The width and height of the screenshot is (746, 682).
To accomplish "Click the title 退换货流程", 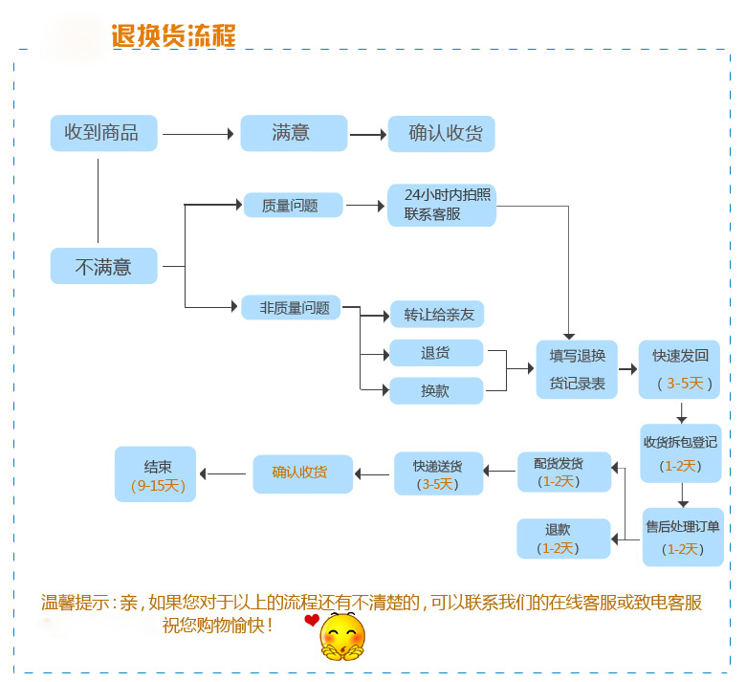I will [173, 35].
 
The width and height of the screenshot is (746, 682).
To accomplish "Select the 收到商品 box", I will [102, 133].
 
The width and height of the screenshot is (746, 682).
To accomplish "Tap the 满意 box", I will [293, 133].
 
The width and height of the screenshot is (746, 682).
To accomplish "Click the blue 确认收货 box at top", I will [441, 134].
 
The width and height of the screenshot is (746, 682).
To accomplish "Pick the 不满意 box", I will [103, 266].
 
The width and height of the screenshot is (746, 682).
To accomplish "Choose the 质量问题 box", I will [292, 205].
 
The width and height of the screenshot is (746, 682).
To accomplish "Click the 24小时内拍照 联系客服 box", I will [441, 205].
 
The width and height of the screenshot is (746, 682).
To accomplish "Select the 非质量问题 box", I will [292, 307].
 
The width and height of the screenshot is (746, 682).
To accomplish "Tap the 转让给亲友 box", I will [437, 314].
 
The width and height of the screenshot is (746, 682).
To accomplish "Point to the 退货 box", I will [436, 353].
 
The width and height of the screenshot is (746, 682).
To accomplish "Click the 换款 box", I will [436, 390].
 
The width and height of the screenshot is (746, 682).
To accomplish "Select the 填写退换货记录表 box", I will [577, 369].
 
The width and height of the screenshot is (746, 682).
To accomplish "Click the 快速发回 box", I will [680, 369].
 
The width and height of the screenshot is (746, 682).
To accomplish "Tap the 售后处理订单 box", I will [683, 537].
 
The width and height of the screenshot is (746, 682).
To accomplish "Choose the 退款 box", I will [563, 539].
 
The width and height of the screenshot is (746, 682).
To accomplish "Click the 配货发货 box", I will [564, 472].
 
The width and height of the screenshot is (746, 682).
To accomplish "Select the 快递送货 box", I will [439, 473].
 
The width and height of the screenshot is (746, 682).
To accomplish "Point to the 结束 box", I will [155, 473].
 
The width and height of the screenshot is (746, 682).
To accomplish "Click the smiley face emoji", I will [343, 636].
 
